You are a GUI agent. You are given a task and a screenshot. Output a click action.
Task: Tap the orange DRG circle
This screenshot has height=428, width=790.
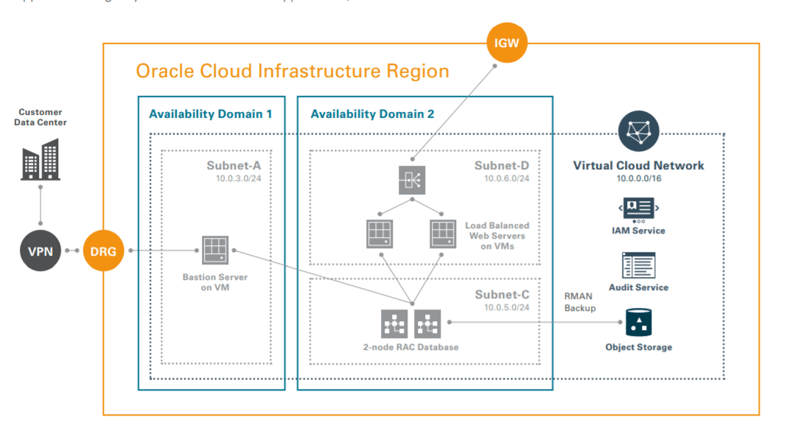(104, 250)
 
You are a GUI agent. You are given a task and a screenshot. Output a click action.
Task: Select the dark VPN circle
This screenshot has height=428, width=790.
(40, 250)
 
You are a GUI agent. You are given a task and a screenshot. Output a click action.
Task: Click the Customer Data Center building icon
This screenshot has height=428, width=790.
(40, 161)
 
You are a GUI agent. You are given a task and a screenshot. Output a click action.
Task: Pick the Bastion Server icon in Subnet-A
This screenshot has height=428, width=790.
(214, 250)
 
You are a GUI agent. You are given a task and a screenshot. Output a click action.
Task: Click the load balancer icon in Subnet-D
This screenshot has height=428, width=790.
(412, 180)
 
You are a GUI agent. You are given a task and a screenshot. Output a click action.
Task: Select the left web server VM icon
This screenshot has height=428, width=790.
(380, 234)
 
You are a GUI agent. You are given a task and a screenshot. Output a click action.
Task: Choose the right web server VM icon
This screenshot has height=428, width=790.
(443, 234)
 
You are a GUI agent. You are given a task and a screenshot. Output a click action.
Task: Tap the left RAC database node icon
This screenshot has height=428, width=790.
(394, 323)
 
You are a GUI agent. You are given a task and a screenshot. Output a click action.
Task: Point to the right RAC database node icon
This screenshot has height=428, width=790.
(427, 323)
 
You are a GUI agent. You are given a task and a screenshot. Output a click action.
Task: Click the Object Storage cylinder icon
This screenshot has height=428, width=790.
(638, 322)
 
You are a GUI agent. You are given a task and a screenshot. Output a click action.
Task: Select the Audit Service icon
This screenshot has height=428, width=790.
(638, 264)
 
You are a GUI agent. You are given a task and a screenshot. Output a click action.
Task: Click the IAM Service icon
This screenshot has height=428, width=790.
(638, 208)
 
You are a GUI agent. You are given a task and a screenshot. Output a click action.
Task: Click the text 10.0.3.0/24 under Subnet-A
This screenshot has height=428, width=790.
(238, 178)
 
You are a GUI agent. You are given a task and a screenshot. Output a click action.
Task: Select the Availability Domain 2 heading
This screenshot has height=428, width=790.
(372, 114)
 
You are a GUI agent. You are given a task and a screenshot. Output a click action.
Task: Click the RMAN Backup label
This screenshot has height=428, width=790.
(579, 301)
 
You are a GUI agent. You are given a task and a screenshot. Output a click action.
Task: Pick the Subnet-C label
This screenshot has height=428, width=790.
(501, 295)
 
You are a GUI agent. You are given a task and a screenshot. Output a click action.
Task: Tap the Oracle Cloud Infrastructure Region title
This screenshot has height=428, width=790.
(292, 71)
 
